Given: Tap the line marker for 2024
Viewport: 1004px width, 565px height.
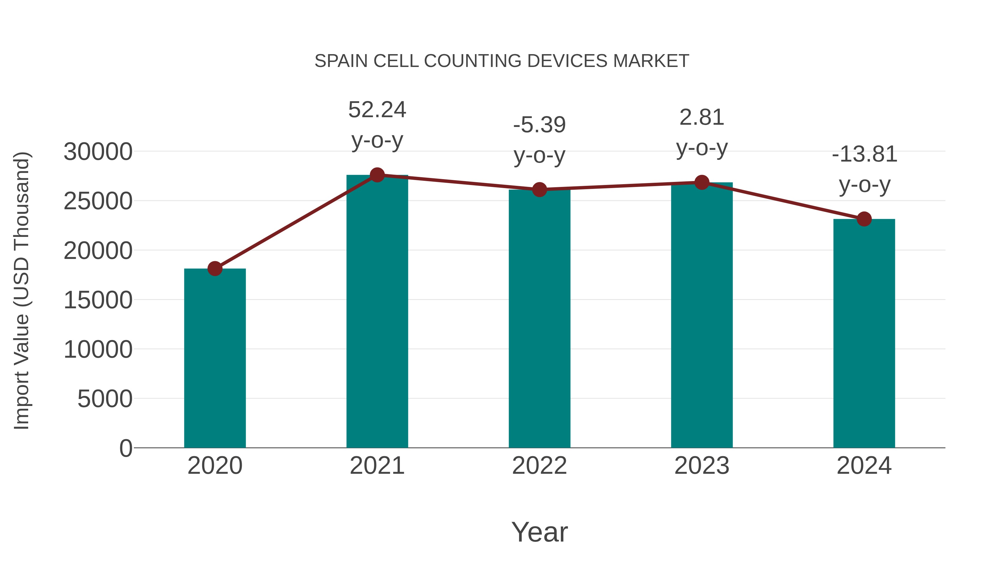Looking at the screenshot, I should pos(864,219).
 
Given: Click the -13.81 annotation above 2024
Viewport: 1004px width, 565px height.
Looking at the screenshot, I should pos(864,154).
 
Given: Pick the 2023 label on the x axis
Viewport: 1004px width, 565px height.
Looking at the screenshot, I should pos(702,466).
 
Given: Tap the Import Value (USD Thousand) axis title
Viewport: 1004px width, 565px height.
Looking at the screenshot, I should pos(22,290).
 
